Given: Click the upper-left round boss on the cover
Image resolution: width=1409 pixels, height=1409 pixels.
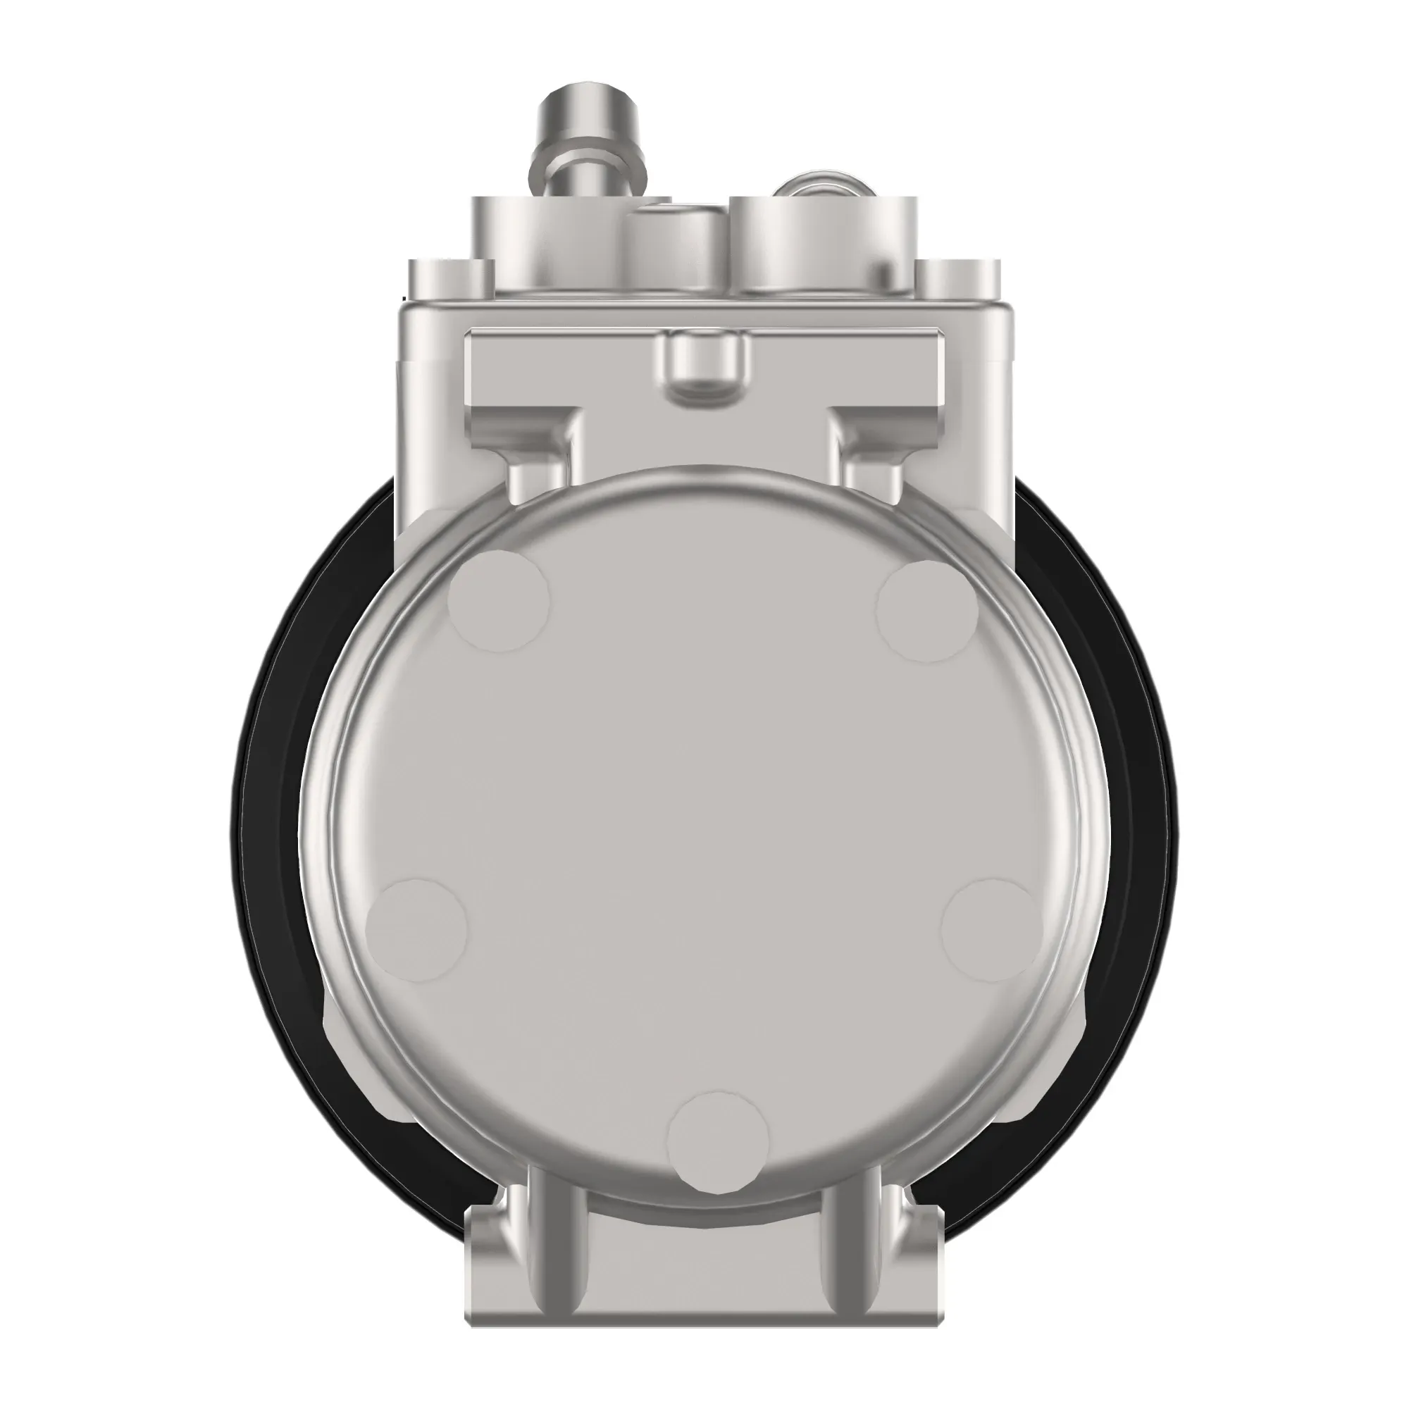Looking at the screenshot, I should [499, 602].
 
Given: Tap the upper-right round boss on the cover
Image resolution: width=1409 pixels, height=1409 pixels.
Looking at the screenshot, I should [927, 611].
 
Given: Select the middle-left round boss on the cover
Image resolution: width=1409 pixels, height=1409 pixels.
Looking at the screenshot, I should [416, 930].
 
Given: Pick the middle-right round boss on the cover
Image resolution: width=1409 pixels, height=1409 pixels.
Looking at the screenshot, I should [993, 930].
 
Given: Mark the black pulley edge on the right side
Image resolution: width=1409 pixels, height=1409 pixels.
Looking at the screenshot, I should [1138, 802].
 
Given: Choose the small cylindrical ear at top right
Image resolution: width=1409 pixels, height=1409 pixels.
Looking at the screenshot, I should [958, 281].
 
